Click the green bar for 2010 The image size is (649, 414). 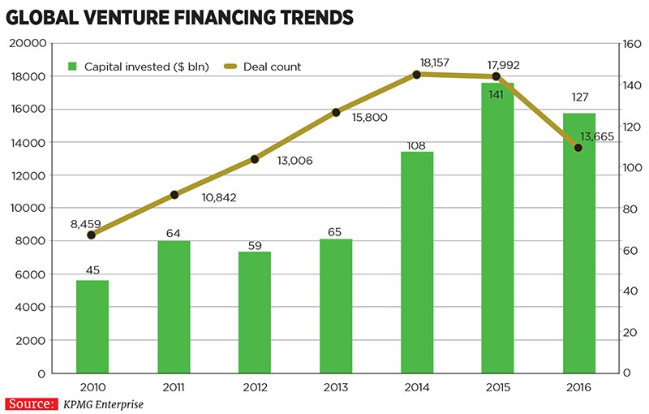(x=92, y=326)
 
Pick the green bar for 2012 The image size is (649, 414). (x=254, y=313)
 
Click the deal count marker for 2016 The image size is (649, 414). (x=578, y=148)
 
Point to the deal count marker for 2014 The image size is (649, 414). (x=417, y=74)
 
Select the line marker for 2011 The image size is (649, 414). (x=174, y=195)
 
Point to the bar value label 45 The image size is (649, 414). (x=92, y=268)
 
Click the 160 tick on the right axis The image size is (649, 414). (x=630, y=44)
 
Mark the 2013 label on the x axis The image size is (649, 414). (x=335, y=387)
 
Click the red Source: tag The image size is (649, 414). (x=32, y=403)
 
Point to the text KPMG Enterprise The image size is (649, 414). (x=102, y=403)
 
